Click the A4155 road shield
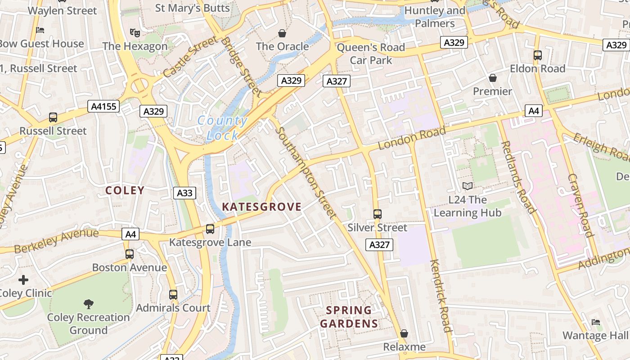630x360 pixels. point(104,107)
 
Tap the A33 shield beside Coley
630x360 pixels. point(184,193)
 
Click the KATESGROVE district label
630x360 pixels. point(262,207)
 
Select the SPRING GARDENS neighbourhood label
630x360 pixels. point(349,317)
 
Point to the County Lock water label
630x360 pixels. point(222,128)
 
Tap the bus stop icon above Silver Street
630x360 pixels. point(378,214)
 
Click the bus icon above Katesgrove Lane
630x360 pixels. point(210,229)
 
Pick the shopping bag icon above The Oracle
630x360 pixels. point(282,33)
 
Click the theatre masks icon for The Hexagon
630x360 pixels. point(135,32)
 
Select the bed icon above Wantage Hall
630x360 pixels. point(596,322)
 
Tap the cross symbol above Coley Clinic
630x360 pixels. point(23,280)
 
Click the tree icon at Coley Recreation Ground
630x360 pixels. point(89,304)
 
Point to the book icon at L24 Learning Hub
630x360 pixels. point(468,186)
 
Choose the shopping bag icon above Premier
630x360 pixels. point(493,78)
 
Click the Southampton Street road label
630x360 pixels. point(306,173)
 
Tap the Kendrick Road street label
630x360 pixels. point(440,296)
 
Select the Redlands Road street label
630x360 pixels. point(518,177)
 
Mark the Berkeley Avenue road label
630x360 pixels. point(56,241)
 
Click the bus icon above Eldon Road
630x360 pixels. point(537,55)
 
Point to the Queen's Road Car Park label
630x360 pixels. point(371,54)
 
